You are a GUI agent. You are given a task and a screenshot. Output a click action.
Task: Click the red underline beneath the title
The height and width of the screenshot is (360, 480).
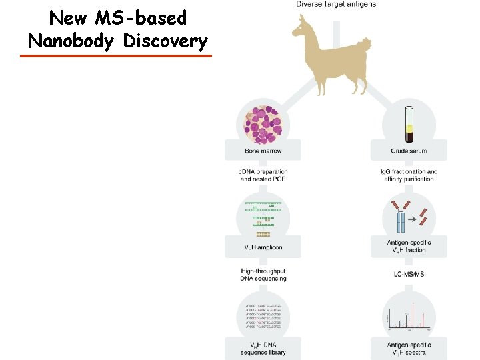click(x=115, y=56)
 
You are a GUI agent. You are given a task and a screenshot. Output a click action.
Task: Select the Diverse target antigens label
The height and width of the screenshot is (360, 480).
click(x=336, y=4)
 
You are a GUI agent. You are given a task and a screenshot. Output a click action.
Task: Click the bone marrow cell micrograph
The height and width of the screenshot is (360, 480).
click(x=263, y=123)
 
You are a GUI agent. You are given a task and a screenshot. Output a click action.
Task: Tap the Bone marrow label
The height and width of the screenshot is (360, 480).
click(x=263, y=151)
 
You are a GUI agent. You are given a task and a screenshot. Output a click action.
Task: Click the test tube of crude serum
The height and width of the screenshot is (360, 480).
click(x=408, y=124)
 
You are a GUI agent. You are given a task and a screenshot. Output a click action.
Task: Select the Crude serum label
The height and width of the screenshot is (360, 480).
click(x=409, y=151)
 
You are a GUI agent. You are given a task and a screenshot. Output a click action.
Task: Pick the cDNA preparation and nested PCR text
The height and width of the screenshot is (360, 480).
click(x=263, y=175)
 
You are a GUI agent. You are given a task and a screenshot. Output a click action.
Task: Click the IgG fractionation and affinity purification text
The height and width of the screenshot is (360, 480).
click(x=409, y=175)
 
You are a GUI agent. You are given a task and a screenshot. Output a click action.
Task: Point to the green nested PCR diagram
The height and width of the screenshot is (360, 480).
click(x=263, y=217)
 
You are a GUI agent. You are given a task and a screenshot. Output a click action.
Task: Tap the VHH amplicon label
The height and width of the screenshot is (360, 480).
click(x=263, y=247)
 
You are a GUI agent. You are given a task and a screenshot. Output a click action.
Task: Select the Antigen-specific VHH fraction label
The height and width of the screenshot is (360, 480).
click(x=409, y=246)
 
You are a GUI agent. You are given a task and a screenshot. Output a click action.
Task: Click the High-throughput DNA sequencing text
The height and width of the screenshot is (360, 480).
click(x=263, y=275)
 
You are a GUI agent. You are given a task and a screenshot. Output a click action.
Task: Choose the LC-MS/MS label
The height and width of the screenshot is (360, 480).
click(x=409, y=274)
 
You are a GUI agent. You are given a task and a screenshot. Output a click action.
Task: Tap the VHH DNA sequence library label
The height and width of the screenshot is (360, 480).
click(x=263, y=348)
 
